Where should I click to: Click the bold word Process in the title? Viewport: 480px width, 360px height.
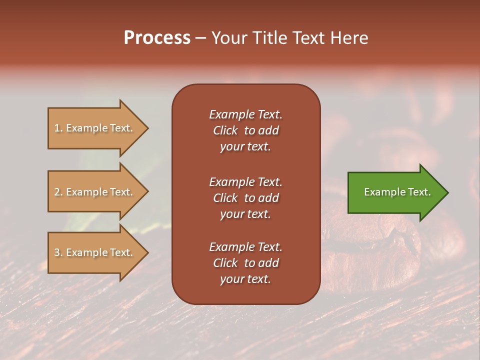157,38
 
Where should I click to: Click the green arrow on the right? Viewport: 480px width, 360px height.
395,192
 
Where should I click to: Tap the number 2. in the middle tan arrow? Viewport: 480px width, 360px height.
58,192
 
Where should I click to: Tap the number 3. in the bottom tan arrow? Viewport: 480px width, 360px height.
58,252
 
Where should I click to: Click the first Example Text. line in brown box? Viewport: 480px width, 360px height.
245,114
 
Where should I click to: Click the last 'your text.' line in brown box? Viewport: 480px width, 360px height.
245,279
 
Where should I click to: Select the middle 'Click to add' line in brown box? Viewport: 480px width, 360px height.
245,198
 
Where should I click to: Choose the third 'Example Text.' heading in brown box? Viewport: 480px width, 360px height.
245,247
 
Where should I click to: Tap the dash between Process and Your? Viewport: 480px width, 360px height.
200,38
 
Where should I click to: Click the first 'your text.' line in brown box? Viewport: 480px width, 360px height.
245,147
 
